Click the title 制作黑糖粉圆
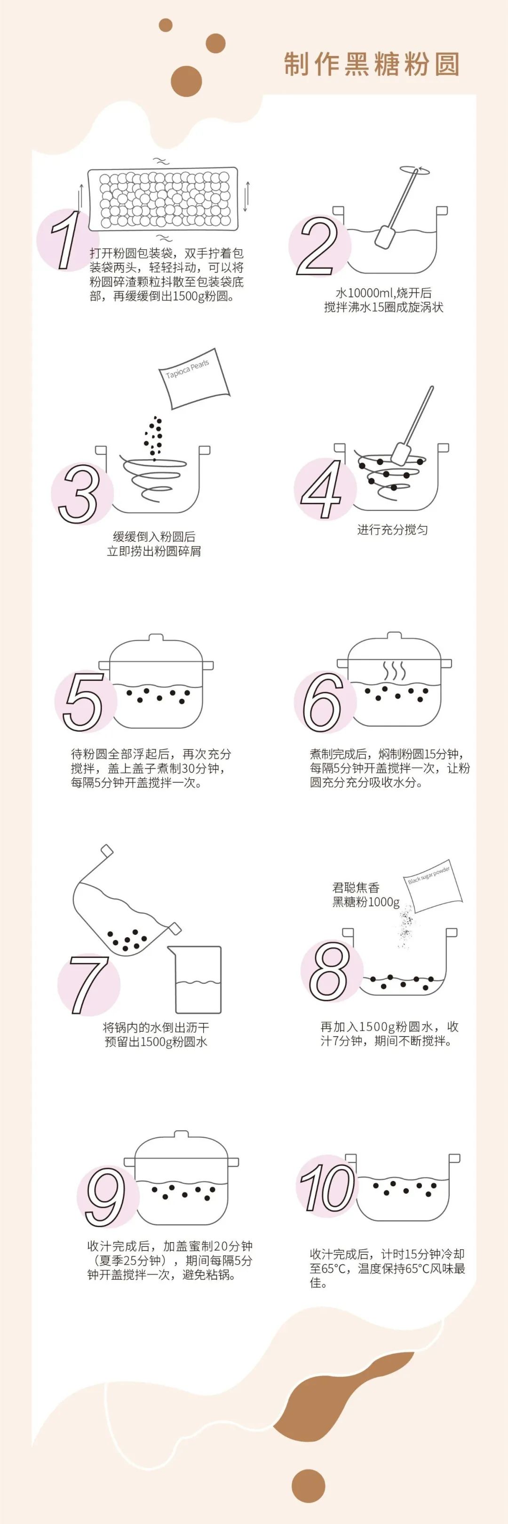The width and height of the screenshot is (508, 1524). pos(372,64)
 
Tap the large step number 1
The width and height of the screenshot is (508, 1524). pos(65,239)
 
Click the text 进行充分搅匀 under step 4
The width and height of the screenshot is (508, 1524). pos(392,529)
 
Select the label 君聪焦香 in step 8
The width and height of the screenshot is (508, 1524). pos(356,887)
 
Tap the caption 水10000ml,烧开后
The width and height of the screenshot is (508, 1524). pos(383,293)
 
